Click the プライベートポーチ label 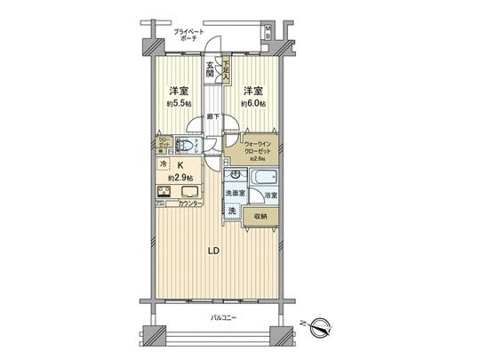click(x=188, y=36)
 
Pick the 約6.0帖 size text click(x=253, y=103)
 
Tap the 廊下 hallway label click(x=214, y=116)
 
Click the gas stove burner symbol click(x=165, y=192)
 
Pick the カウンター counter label click(x=189, y=204)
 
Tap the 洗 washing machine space click(x=231, y=211)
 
